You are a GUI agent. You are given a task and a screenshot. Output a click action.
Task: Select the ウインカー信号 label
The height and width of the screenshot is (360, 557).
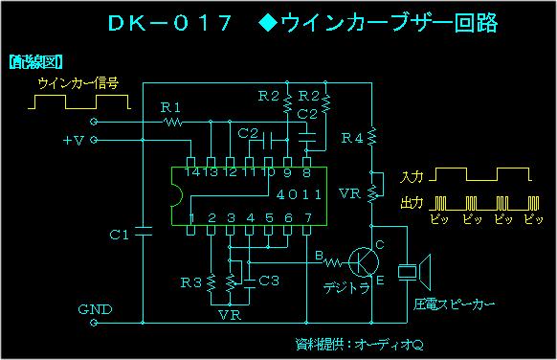coord(78,83)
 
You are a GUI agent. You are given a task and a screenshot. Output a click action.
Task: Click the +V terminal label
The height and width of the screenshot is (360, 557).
coord(73,141)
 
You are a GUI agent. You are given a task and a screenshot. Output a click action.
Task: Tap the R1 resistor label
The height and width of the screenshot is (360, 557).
coord(170,106)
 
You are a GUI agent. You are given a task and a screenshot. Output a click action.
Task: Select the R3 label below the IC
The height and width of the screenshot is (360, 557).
coord(191,282)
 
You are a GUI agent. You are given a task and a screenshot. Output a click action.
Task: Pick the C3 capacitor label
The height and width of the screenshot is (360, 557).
coord(269,281)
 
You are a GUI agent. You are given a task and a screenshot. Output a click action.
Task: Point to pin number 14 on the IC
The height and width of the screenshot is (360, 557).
coord(193,172)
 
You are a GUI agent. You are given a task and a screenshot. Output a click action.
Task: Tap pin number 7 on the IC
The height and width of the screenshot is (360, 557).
coord(307,218)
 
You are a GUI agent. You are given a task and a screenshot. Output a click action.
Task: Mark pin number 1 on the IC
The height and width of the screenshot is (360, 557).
coord(193,218)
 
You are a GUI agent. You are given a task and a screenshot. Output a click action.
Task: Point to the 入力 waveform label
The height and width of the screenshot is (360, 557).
coord(412,177)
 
